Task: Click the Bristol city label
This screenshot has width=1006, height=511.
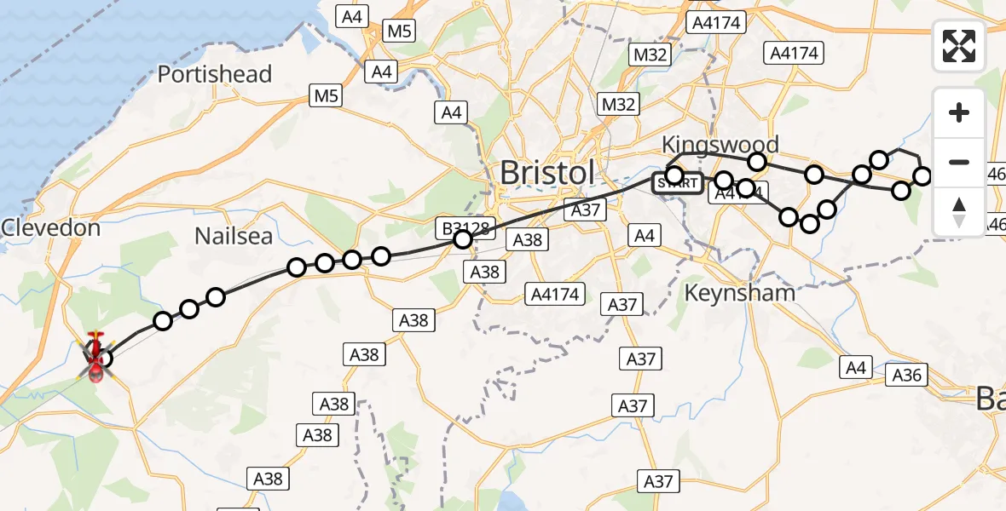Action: point(546,172)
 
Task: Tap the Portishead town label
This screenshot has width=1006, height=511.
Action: point(215,74)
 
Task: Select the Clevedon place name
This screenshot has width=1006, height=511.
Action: point(50,228)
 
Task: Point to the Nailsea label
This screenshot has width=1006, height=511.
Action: point(233,236)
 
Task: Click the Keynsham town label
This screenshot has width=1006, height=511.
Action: point(740,293)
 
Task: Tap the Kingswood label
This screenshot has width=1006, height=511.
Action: point(720,144)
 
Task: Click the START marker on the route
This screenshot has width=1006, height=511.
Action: point(679,182)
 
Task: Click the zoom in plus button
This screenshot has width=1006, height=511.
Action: point(959,112)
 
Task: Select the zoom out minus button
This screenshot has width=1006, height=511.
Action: point(959,162)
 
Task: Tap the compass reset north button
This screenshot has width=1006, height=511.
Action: point(959,211)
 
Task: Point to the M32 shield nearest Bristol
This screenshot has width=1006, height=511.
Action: point(618,104)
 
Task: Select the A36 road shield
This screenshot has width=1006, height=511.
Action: point(908,374)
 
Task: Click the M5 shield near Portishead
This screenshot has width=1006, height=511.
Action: point(327,96)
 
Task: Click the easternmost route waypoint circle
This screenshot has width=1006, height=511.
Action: point(922,176)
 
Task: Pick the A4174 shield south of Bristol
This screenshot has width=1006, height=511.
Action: point(554,295)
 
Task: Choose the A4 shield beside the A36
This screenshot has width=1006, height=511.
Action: point(856,367)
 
